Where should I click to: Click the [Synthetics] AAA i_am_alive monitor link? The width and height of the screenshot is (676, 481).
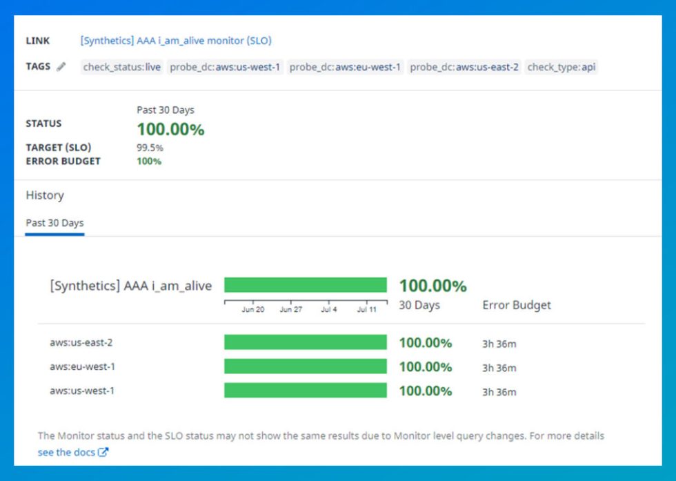coord(176,41)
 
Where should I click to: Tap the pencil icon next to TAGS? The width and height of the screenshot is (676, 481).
coord(61,67)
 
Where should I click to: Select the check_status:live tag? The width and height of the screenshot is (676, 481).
coord(121,67)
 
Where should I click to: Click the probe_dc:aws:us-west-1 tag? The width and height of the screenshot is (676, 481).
coord(225,67)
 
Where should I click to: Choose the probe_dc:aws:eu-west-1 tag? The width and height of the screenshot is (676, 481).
coord(345,67)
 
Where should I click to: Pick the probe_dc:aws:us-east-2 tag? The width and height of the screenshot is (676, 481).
coord(464,67)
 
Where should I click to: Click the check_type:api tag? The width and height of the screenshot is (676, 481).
coord(561,67)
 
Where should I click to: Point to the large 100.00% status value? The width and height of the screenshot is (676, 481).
coord(170,129)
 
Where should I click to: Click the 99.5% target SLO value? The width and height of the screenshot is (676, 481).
coord(150,148)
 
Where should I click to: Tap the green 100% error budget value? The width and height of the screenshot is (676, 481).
coord(149,161)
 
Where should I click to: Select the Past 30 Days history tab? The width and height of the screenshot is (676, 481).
coord(54,223)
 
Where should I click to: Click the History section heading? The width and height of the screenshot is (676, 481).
coord(45,195)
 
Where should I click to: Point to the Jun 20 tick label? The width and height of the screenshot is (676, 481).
coord(252,310)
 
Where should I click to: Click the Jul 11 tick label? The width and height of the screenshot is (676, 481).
coord(367,310)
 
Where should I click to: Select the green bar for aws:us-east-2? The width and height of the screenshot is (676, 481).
coord(305,342)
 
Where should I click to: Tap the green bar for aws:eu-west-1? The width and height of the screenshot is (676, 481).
coord(305,366)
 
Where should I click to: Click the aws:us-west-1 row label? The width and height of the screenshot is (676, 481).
coord(82,391)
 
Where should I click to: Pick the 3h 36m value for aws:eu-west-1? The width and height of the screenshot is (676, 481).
coord(499,368)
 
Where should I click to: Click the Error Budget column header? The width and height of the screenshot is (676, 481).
coord(517,305)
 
